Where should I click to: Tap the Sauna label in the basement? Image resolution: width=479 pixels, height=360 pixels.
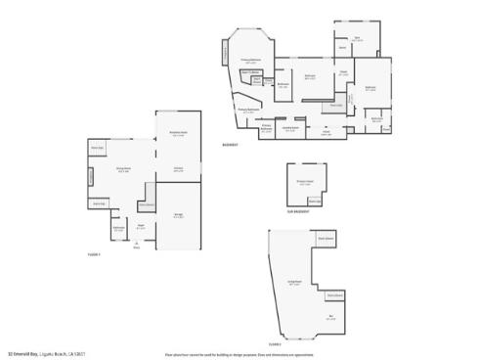[x=343, y=48]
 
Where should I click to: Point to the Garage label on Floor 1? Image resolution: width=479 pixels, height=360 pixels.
[x=178, y=216]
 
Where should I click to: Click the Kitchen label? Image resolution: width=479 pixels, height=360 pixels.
[x=179, y=168]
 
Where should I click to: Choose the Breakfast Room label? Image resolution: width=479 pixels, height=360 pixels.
[x=179, y=135]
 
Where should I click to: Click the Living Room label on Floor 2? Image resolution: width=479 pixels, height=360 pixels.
[x=293, y=282]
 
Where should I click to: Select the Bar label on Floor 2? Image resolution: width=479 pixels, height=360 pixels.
[x=330, y=317]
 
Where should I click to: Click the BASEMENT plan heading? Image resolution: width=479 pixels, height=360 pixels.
[x=232, y=144]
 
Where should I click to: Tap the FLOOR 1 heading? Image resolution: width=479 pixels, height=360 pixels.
[x=94, y=254]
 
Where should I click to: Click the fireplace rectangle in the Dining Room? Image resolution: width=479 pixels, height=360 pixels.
[x=91, y=178]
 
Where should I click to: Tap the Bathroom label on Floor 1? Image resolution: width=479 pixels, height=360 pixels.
[x=118, y=229]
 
